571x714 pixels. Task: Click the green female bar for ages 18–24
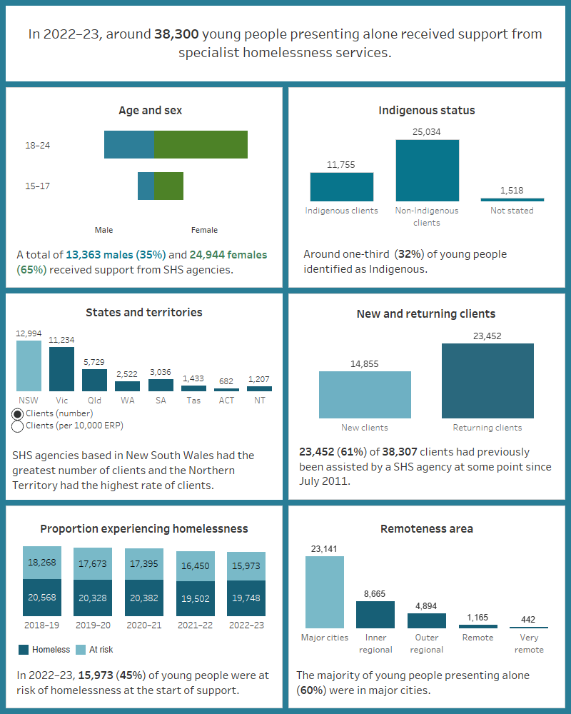[x=201, y=145]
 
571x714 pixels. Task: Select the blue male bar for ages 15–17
[x=146, y=186]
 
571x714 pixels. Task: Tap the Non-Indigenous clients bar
[x=427, y=170]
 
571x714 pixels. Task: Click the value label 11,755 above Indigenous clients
[x=341, y=164]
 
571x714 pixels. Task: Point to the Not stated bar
[x=512, y=199]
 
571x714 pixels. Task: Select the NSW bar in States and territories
[x=29, y=366]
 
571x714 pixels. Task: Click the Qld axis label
[x=94, y=401]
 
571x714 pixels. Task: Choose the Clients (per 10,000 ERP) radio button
[x=18, y=426]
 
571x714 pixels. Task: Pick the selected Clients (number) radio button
[x=18, y=413]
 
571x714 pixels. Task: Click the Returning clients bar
[x=487, y=381]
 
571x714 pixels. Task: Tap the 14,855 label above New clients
[x=365, y=363]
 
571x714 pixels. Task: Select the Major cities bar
[x=325, y=592]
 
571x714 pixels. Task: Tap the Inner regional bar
[x=375, y=614]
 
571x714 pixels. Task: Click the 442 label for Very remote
[x=528, y=619]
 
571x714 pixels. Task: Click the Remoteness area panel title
[x=427, y=529]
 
